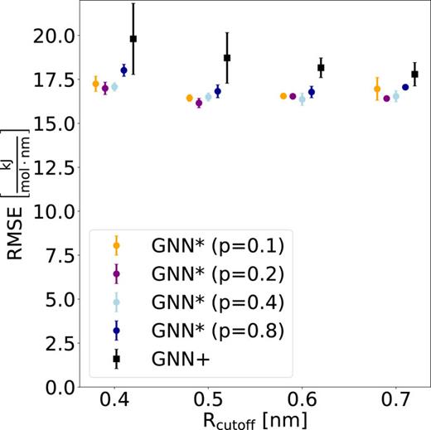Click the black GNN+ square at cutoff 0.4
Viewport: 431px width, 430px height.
tap(133, 39)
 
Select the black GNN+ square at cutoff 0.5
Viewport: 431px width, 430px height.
tap(227, 58)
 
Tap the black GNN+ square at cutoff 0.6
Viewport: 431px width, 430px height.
tap(321, 68)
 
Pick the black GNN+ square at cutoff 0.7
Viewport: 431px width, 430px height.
tap(414, 74)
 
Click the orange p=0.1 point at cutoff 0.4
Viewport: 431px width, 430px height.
tap(95, 85)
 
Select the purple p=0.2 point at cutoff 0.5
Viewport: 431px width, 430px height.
tap(199, 103)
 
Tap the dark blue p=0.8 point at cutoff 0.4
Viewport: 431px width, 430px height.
tap(124, 70)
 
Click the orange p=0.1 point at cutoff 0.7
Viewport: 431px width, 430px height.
tap(377, 89)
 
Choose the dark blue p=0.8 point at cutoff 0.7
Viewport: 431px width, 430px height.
tap(405, 87)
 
